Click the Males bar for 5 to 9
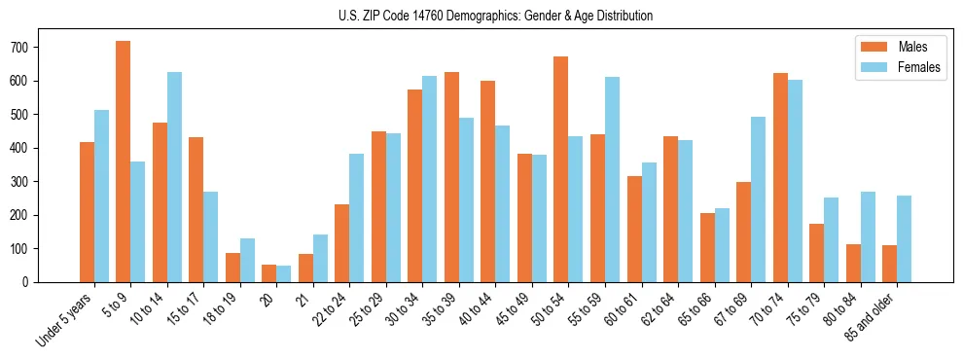coord(124,162)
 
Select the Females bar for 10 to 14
coord(174,177)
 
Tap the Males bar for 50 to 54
coord(561,169)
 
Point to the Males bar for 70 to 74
coord(780,177)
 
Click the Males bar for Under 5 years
coord(87,212)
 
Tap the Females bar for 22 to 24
coord(357,218)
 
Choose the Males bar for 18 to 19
coord(232,268)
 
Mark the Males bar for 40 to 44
coord(488,181)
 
